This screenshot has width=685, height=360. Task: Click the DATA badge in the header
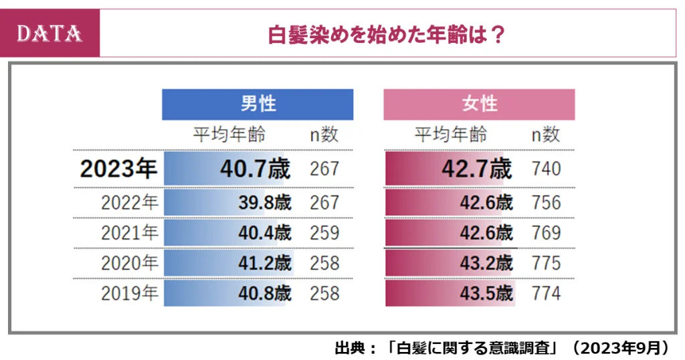[50, 33]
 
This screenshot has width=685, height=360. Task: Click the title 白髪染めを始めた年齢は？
[386, 34]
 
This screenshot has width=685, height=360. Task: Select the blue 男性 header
[258, 104]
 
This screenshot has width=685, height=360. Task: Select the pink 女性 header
[479, 104]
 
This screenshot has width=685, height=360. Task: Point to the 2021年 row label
[130, 233]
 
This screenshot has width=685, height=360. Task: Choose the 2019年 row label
[130, 293]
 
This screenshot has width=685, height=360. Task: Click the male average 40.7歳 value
[255, 169]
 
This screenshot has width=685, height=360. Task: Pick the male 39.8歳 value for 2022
[265, 202]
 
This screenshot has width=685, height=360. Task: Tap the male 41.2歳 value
[265, 263]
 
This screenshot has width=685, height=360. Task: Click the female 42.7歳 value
[476, 169]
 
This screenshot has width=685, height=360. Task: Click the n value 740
[546, 169]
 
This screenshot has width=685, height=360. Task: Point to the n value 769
[546, 233]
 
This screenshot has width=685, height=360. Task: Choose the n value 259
[324, 233]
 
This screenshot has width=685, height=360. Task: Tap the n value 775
[546, 263]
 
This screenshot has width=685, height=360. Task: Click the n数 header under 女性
[545, 135]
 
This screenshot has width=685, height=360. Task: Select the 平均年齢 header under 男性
[229, 135]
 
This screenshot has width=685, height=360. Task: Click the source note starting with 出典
[502, 348]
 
